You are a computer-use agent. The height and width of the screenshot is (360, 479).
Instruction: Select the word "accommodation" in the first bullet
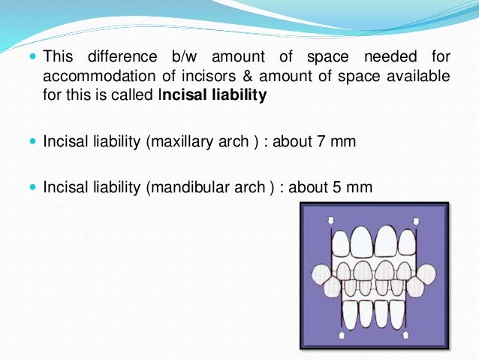coord(86,77)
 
